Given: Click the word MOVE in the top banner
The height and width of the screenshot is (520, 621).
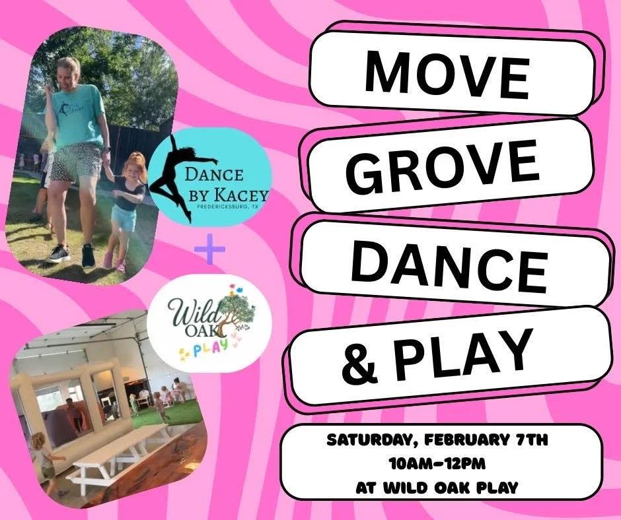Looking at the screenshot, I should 447,73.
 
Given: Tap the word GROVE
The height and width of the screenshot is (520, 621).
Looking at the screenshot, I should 442,165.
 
